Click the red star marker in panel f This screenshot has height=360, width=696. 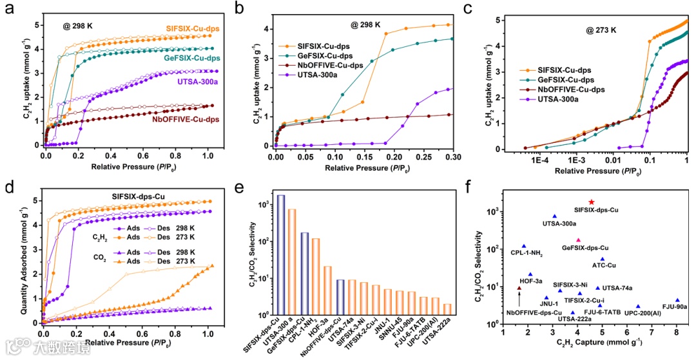click(592, 202)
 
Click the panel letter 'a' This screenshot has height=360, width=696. click(9, 10)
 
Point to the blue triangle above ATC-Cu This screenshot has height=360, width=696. click(603, 259)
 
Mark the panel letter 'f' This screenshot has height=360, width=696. click(476, 191)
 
